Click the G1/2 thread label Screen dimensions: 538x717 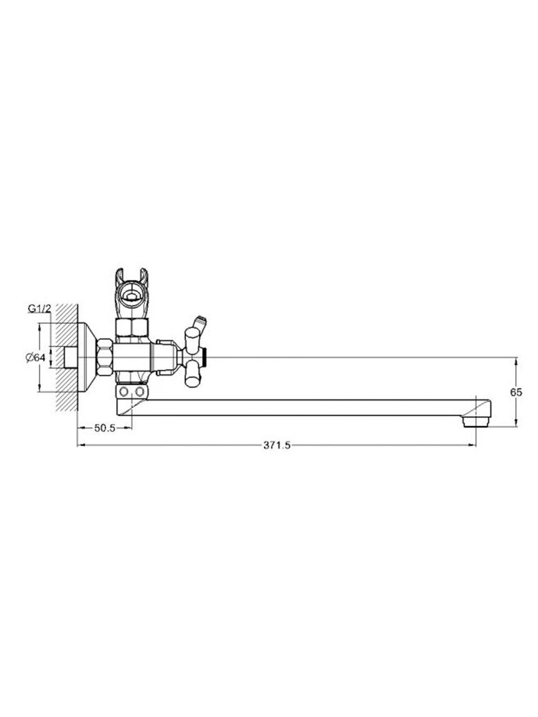click(x=40, y=308)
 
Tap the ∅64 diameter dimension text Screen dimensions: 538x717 click(x=35, y=358)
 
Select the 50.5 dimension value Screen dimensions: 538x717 click(x=105, y=429)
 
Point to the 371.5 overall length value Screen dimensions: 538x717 click(x=277, y=445)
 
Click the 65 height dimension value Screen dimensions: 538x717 click(x=517, y=392)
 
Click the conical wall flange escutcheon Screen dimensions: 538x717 click(x=87, y=357)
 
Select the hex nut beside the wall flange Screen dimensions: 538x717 click(x=105, y=357)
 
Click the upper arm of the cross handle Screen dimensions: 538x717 click(x=192, y=340)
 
